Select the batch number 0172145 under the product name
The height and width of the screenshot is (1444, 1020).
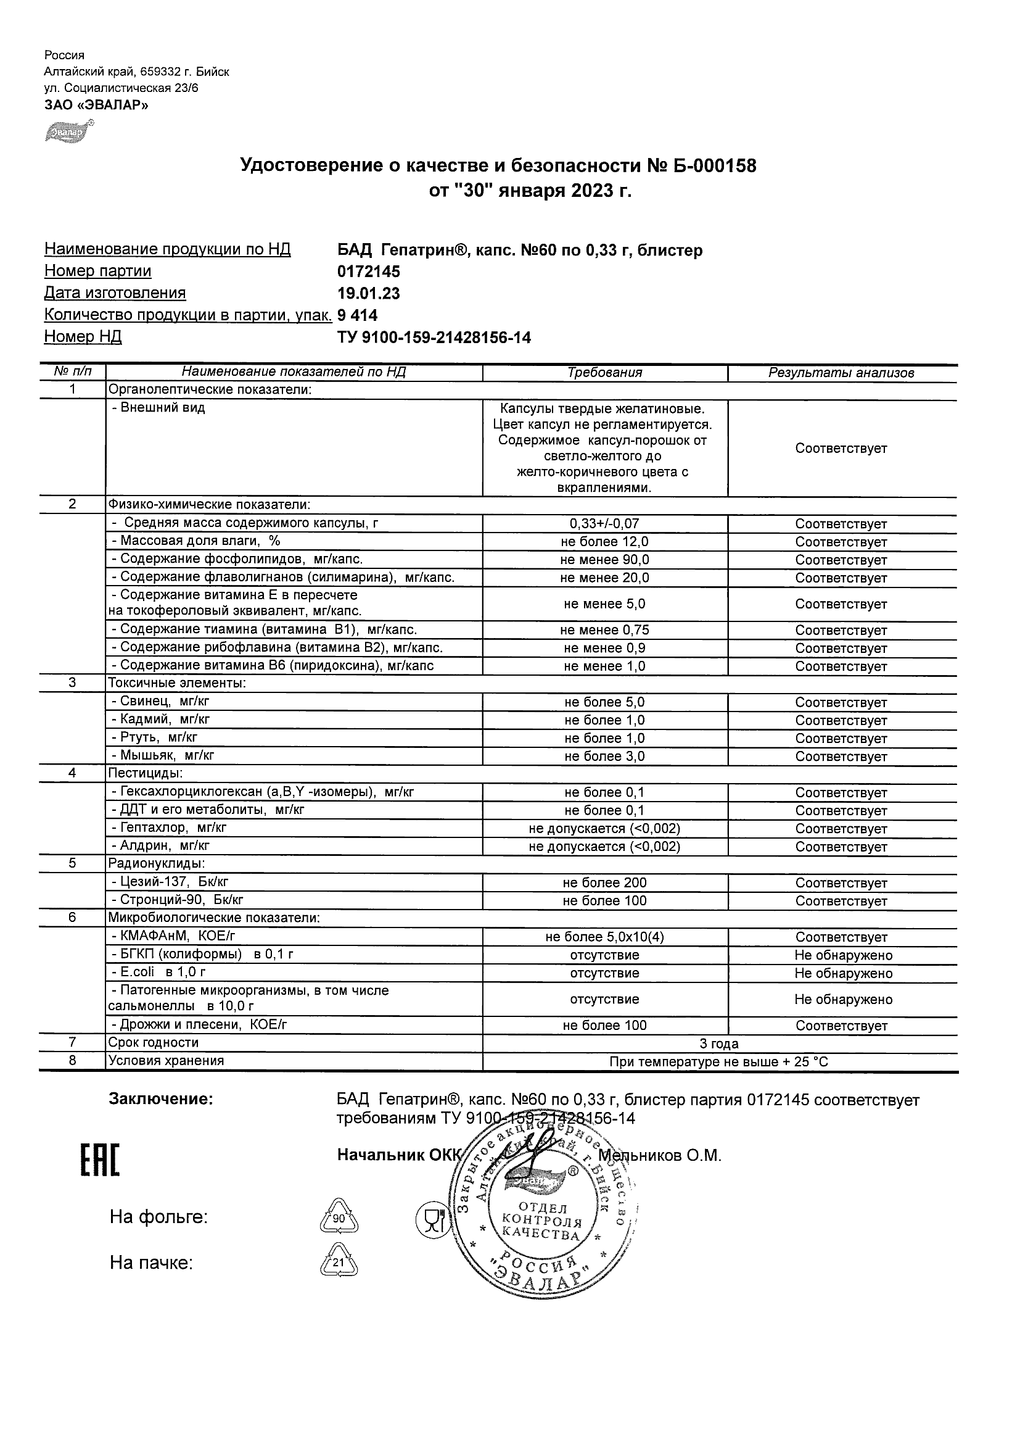(x=368, y=272)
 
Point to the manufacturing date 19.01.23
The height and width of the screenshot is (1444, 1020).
(x=368, y=294)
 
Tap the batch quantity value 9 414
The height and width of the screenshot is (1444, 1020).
(x=358, y=315)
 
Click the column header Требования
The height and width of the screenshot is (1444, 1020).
(x=604, y=372)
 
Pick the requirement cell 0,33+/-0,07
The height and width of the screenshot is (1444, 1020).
(x=604, y=523)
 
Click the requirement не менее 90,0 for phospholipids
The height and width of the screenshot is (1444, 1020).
(x=604, y=560)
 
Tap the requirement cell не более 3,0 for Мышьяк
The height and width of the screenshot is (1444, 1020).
(x=604, y=756)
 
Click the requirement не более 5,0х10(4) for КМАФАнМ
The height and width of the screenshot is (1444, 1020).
(x=604, y=937)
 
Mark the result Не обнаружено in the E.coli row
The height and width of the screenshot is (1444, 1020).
(x=843, y=974)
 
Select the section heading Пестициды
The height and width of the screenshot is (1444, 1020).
(x=145, y=773)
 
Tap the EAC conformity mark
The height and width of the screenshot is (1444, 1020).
(x=99, y=1160)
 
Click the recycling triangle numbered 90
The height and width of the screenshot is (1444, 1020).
(x=339, y=1218)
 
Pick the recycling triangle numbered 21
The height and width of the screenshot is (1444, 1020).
(x=339, y=1261)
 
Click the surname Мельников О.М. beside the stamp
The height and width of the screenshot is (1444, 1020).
(x=659, y=1155)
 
